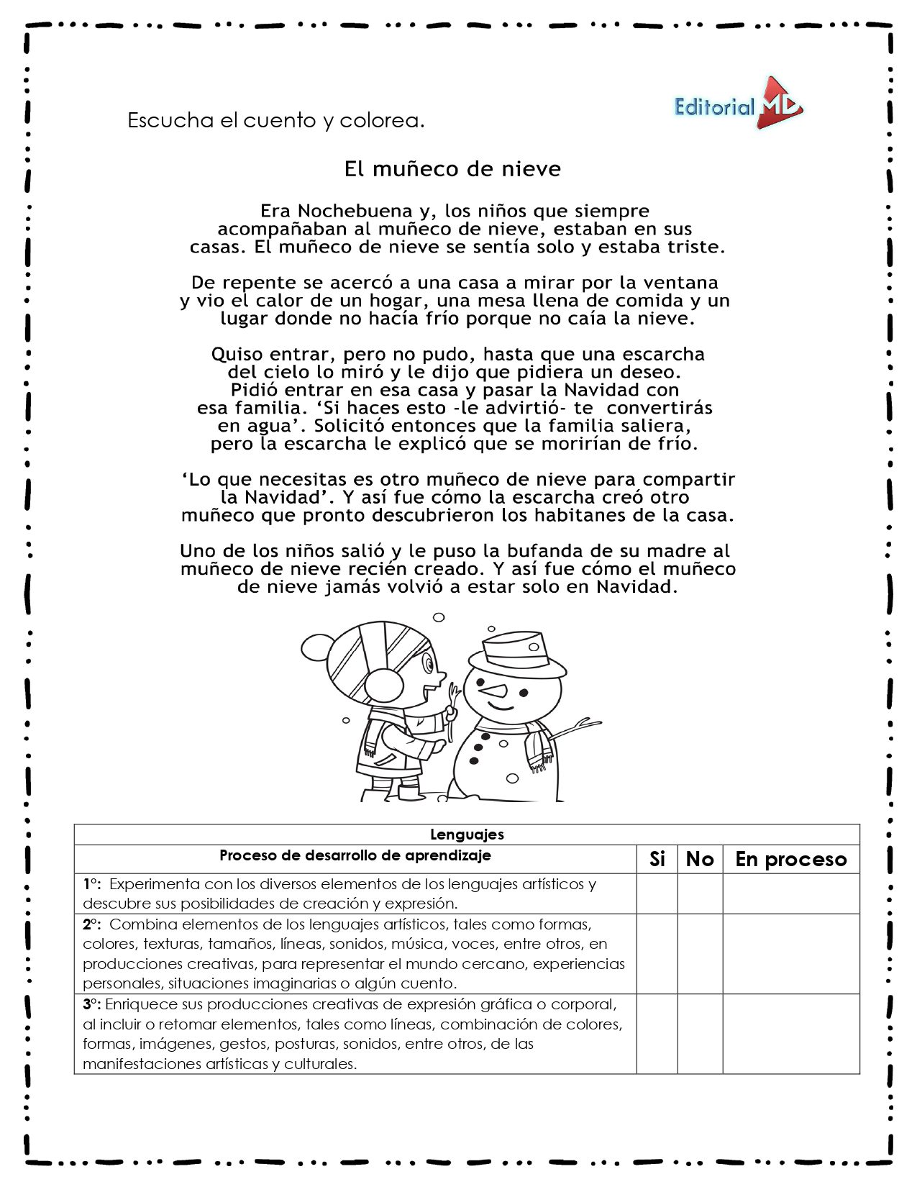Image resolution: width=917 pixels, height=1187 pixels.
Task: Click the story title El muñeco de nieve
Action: tap(452, 169)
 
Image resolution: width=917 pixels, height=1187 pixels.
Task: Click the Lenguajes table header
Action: tap(467, 834)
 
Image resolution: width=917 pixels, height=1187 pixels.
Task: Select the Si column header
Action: tap(657, 859)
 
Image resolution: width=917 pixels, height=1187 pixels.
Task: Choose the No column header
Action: tap(700, 859)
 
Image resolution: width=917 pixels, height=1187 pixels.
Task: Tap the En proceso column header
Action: tap(790, 859)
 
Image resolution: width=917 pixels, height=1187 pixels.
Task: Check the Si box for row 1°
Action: tap(657, 893)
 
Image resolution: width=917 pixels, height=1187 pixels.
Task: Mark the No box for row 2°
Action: tap(700, 954)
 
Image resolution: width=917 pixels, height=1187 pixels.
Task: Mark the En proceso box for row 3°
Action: tap(790, 1034)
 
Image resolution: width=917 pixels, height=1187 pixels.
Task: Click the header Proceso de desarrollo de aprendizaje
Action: tap(355, 855)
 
